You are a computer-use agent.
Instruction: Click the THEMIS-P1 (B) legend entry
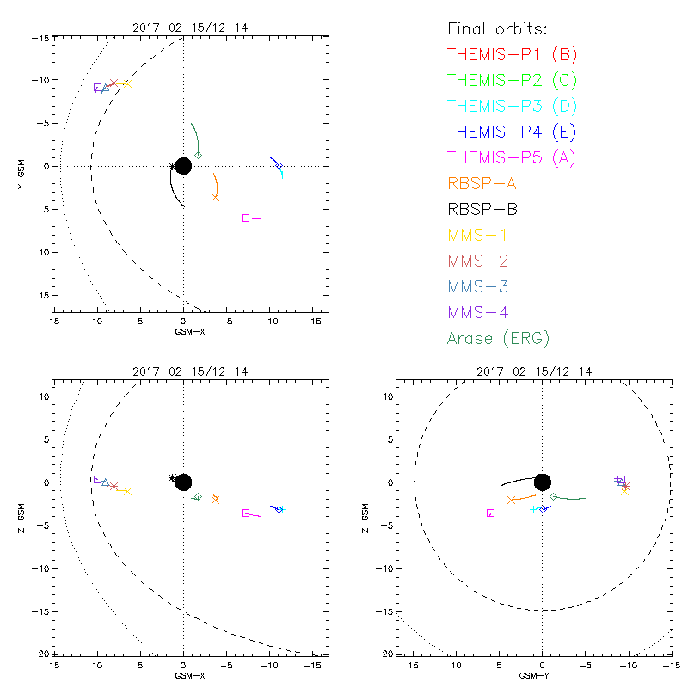tap(512, 55)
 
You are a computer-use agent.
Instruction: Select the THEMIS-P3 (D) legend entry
tap(512, 107)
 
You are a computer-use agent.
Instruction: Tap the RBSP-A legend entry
tap(482, 183)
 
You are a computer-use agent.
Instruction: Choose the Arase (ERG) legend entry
tap(498, 338)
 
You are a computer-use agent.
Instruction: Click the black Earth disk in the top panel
tap(183, 166)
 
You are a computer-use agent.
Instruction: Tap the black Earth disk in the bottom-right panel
tap(543, 482)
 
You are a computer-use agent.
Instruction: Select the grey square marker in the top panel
tap(246, 218)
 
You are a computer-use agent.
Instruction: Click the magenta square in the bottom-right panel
tap(491, 513)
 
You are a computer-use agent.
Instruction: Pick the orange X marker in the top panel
tap(215, 197)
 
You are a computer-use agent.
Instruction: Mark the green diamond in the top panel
tap(199, 155)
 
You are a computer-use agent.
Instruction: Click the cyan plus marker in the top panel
tap(282, 175)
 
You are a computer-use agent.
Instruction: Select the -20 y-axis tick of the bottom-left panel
tap(42, 654)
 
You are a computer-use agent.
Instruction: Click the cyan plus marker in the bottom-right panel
tap(534, 509)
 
